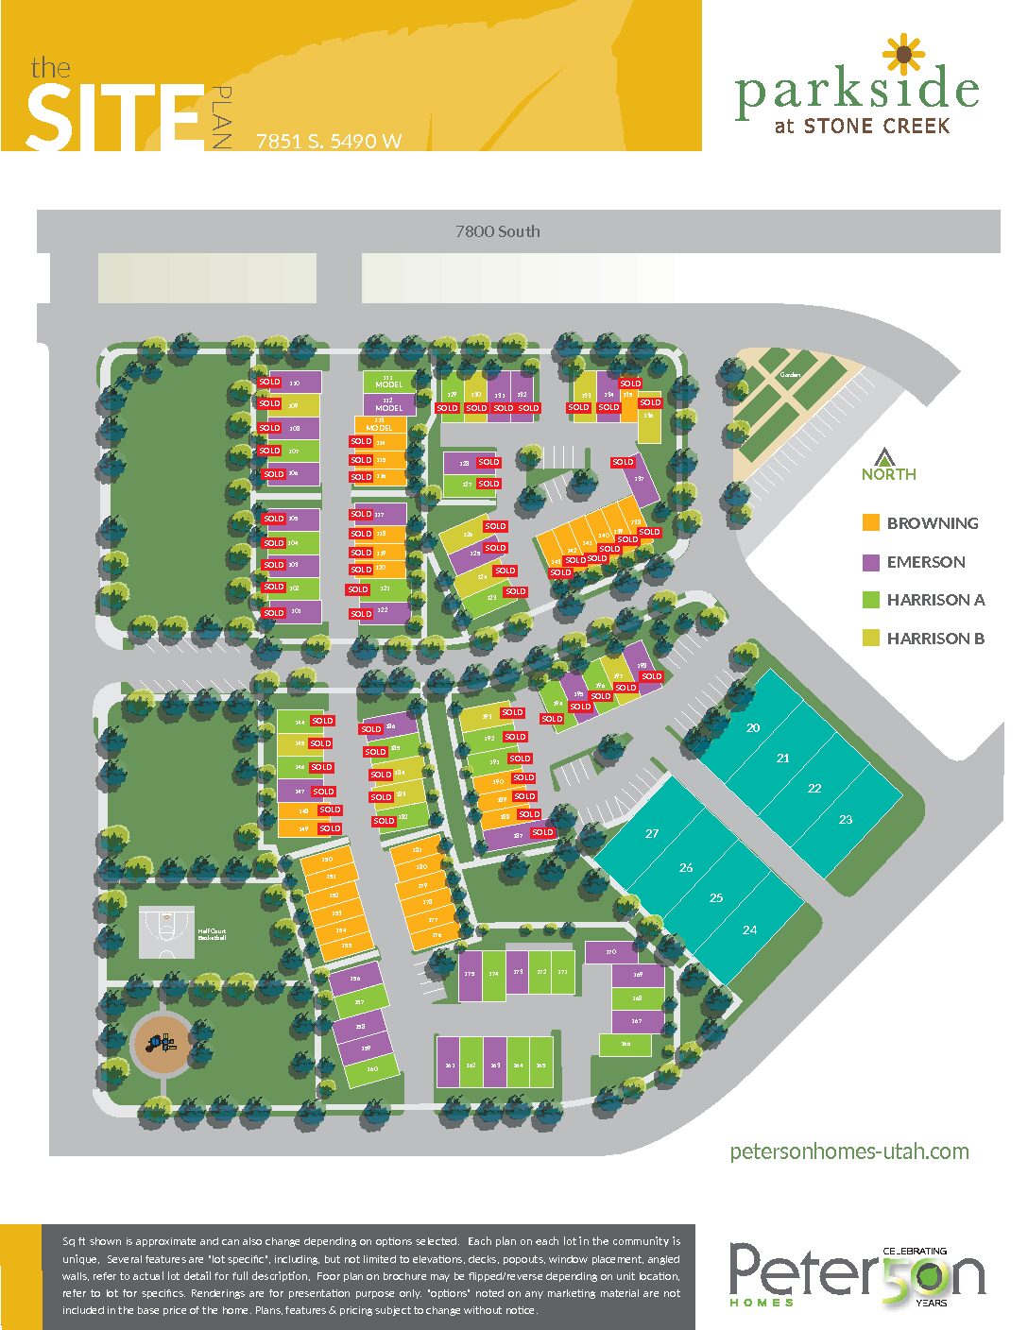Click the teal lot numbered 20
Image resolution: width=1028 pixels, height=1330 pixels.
point(753,727)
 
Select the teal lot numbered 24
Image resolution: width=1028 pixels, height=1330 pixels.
point(749,929)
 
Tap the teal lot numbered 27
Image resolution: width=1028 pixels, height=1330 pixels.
point(652,833)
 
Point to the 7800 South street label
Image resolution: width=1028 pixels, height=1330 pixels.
point(498,231)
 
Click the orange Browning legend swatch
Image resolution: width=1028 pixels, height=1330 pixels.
point(871,522)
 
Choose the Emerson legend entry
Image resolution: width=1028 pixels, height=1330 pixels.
point(925,562)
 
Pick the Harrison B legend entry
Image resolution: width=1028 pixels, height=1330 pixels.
point(934,639)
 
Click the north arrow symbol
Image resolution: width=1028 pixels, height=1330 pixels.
point(884,456)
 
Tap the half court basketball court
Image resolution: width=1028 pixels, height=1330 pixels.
point(166,933)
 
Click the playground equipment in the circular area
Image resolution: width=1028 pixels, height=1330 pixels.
point(160,1043)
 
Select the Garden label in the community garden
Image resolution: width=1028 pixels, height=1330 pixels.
point(790,375)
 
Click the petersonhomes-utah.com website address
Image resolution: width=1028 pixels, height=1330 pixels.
point(849,1151)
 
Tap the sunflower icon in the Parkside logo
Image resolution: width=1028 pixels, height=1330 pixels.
point(903,55)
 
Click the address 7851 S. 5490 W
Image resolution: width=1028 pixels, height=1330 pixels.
point(329,142)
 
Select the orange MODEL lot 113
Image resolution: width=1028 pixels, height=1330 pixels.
point(380,425)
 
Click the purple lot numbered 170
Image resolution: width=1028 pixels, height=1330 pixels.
point(610,952)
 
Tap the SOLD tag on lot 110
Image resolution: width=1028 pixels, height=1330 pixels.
point(269,383)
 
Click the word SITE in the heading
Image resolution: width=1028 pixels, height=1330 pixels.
point(113,117)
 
